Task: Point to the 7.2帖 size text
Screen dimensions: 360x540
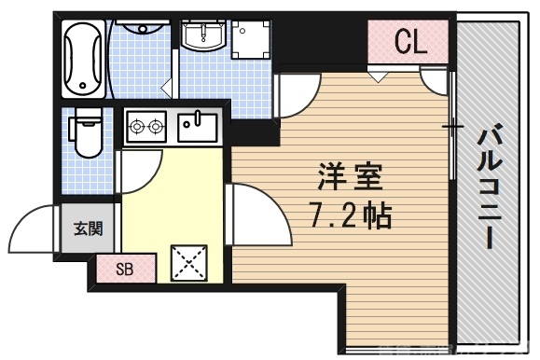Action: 349,216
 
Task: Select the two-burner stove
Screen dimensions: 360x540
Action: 146,124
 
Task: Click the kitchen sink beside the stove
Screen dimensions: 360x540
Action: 197,124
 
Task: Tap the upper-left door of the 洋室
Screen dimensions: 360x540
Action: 298,94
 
